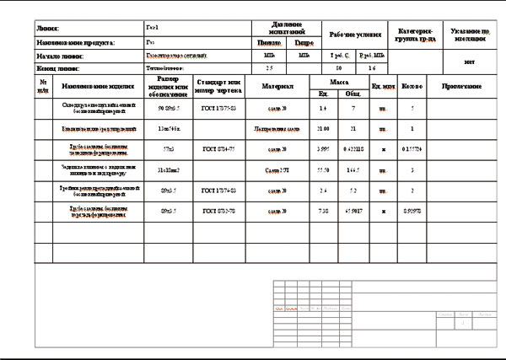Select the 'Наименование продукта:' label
(76, 41)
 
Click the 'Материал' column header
(277, 87)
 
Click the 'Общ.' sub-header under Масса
(353, 94)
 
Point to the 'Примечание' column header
(462, 87)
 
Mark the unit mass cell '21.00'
(323, 129)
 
